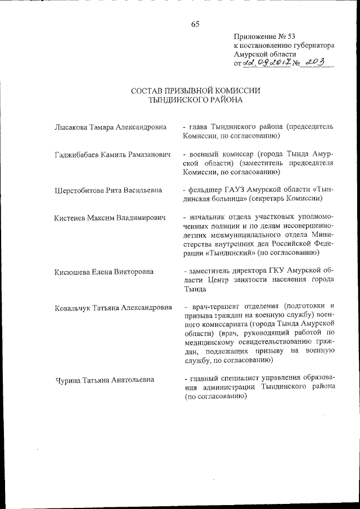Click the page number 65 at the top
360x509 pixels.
[195, 24]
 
